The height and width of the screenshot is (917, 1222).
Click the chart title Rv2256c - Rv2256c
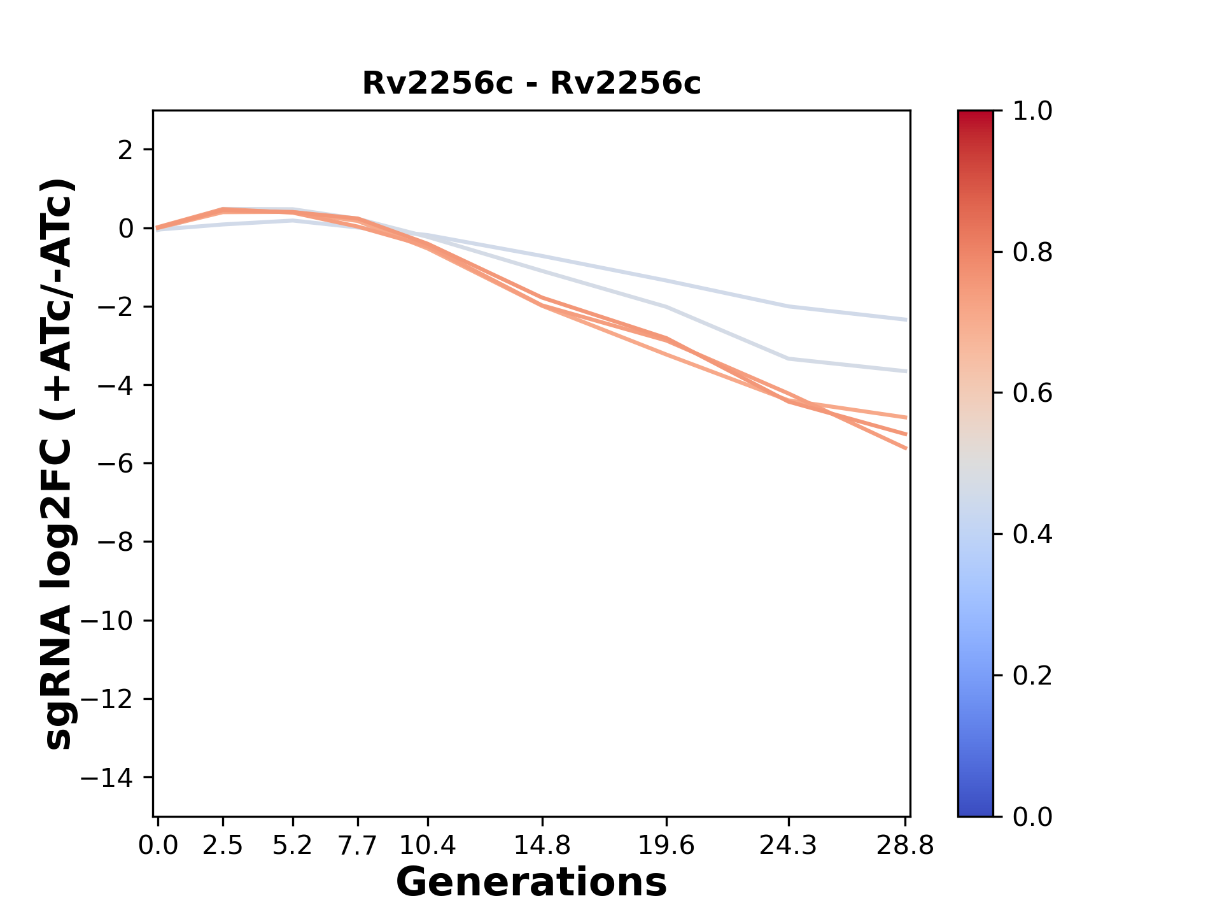[x=531, y=83]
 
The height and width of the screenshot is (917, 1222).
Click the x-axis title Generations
[x=531, y=883]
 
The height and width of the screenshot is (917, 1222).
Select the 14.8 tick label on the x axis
[x=542, y=846]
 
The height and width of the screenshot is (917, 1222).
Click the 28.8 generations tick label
[x=905, y=846]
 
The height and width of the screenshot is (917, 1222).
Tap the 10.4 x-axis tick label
[x=428, y=846]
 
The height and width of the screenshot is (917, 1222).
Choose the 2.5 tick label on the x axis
[x=223, y=846]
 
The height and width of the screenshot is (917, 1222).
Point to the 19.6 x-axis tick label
[x=666, y=846]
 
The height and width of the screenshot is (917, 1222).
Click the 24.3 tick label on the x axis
[x=788, y=846]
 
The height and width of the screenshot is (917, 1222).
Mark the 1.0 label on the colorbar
[x=1032, y=111]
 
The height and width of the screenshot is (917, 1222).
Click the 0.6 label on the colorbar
[x=1032, y=394]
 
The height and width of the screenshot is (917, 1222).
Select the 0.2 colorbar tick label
[x=1032, y=676]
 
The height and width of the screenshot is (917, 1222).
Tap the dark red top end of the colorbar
[x=975, y=115]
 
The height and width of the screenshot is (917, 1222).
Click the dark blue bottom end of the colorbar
[x=975, y=812]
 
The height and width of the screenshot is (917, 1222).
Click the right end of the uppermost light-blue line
[x=906, y=320]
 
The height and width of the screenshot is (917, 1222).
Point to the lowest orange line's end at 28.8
[x=906, y=448]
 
